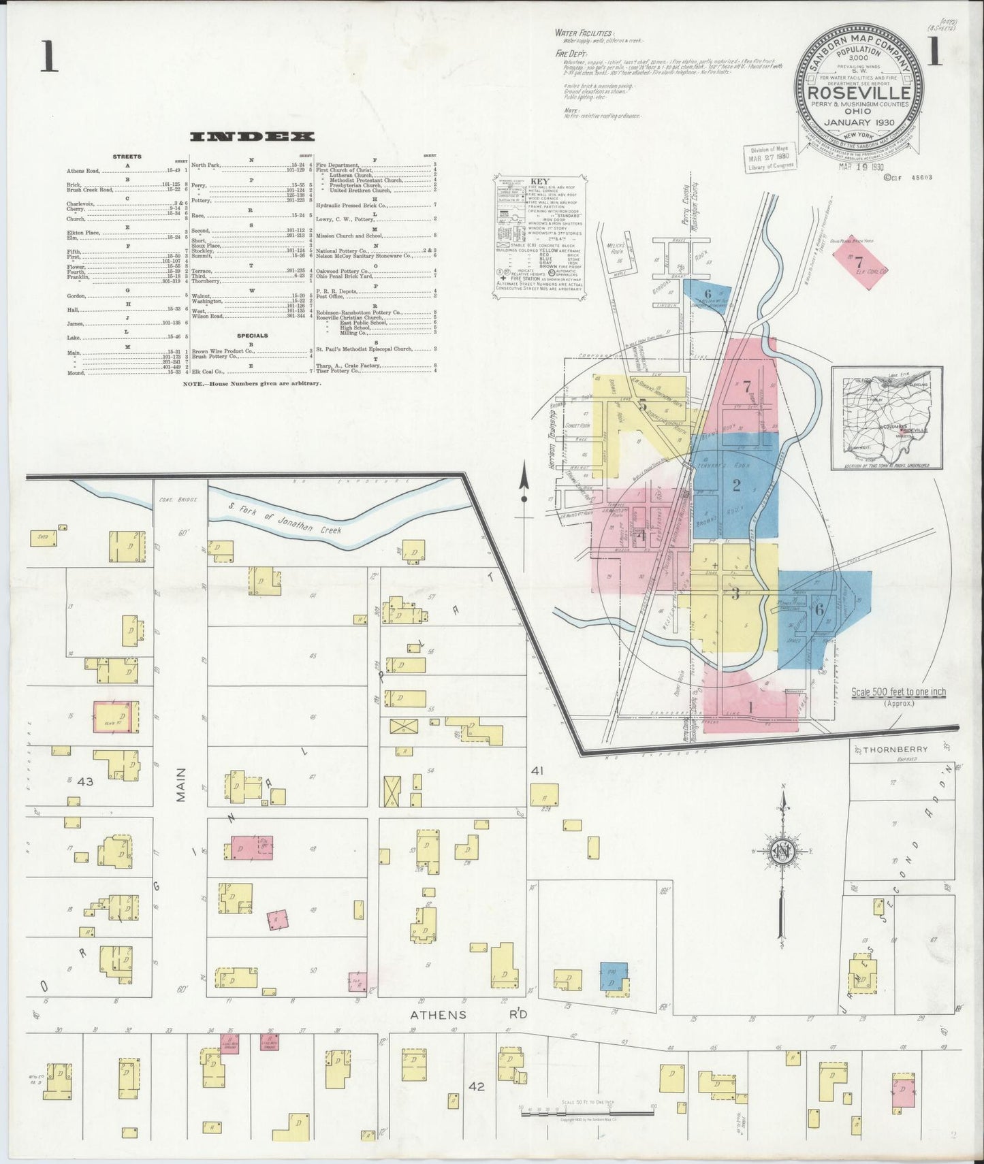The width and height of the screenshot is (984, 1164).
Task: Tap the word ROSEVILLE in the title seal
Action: point(859,93)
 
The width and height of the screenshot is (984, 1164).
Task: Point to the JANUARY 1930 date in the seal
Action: point(859,123)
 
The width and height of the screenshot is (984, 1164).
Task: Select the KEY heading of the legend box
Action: point(538,182)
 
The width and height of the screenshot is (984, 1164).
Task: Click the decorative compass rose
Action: point(782,851)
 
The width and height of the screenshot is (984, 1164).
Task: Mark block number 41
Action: point(537,771)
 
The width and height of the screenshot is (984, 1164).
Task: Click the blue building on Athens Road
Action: point(614,977)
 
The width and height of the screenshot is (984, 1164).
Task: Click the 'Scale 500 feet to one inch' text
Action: point(898,692)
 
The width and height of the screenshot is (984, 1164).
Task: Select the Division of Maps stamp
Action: point(769,159)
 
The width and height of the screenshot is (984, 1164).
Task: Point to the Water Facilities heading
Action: point(584,33)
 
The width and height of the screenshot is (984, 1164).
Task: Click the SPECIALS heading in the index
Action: point(251,336)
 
